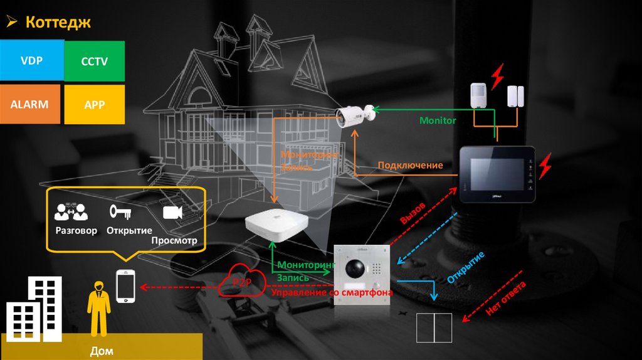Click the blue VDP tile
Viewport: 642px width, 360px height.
[x=31, y=61]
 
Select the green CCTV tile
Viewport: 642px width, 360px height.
[x=95, y=61]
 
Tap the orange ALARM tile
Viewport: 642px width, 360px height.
[x=29, y=105]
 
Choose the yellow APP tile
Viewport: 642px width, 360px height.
[x=95, y=105]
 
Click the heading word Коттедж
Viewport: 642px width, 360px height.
[x=58, y=23]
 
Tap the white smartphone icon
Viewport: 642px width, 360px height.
[x=126, y=285]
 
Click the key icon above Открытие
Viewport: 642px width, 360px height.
[x=119, y=211]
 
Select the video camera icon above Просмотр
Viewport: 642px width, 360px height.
[x=172, y=213]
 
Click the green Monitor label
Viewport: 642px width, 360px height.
[x=438, y=120]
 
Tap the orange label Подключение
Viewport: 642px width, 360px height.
[x=410, y=166]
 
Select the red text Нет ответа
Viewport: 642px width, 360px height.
[x=505, y=299]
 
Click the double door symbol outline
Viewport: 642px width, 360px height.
[x=434, y=327]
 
